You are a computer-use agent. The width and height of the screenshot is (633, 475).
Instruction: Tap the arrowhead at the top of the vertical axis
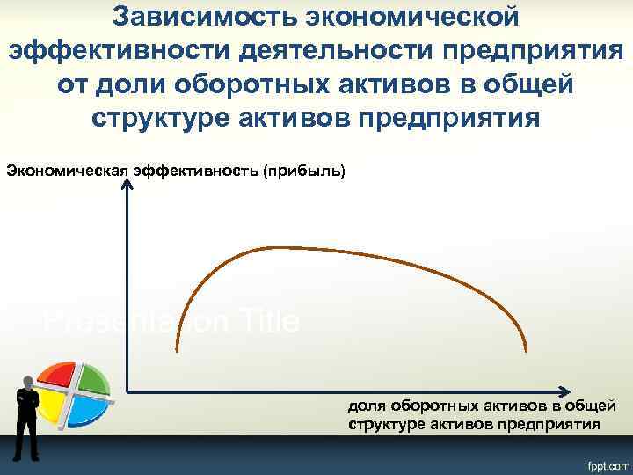128,179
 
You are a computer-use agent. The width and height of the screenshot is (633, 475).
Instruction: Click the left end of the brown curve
178,351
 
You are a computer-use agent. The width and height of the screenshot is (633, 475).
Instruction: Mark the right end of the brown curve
527,351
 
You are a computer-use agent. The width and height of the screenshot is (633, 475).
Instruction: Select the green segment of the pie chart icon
91,378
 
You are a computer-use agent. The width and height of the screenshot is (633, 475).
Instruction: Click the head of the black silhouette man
26,382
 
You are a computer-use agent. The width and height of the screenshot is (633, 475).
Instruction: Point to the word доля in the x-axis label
367,406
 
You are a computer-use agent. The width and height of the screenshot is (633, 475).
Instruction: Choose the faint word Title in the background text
268,321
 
